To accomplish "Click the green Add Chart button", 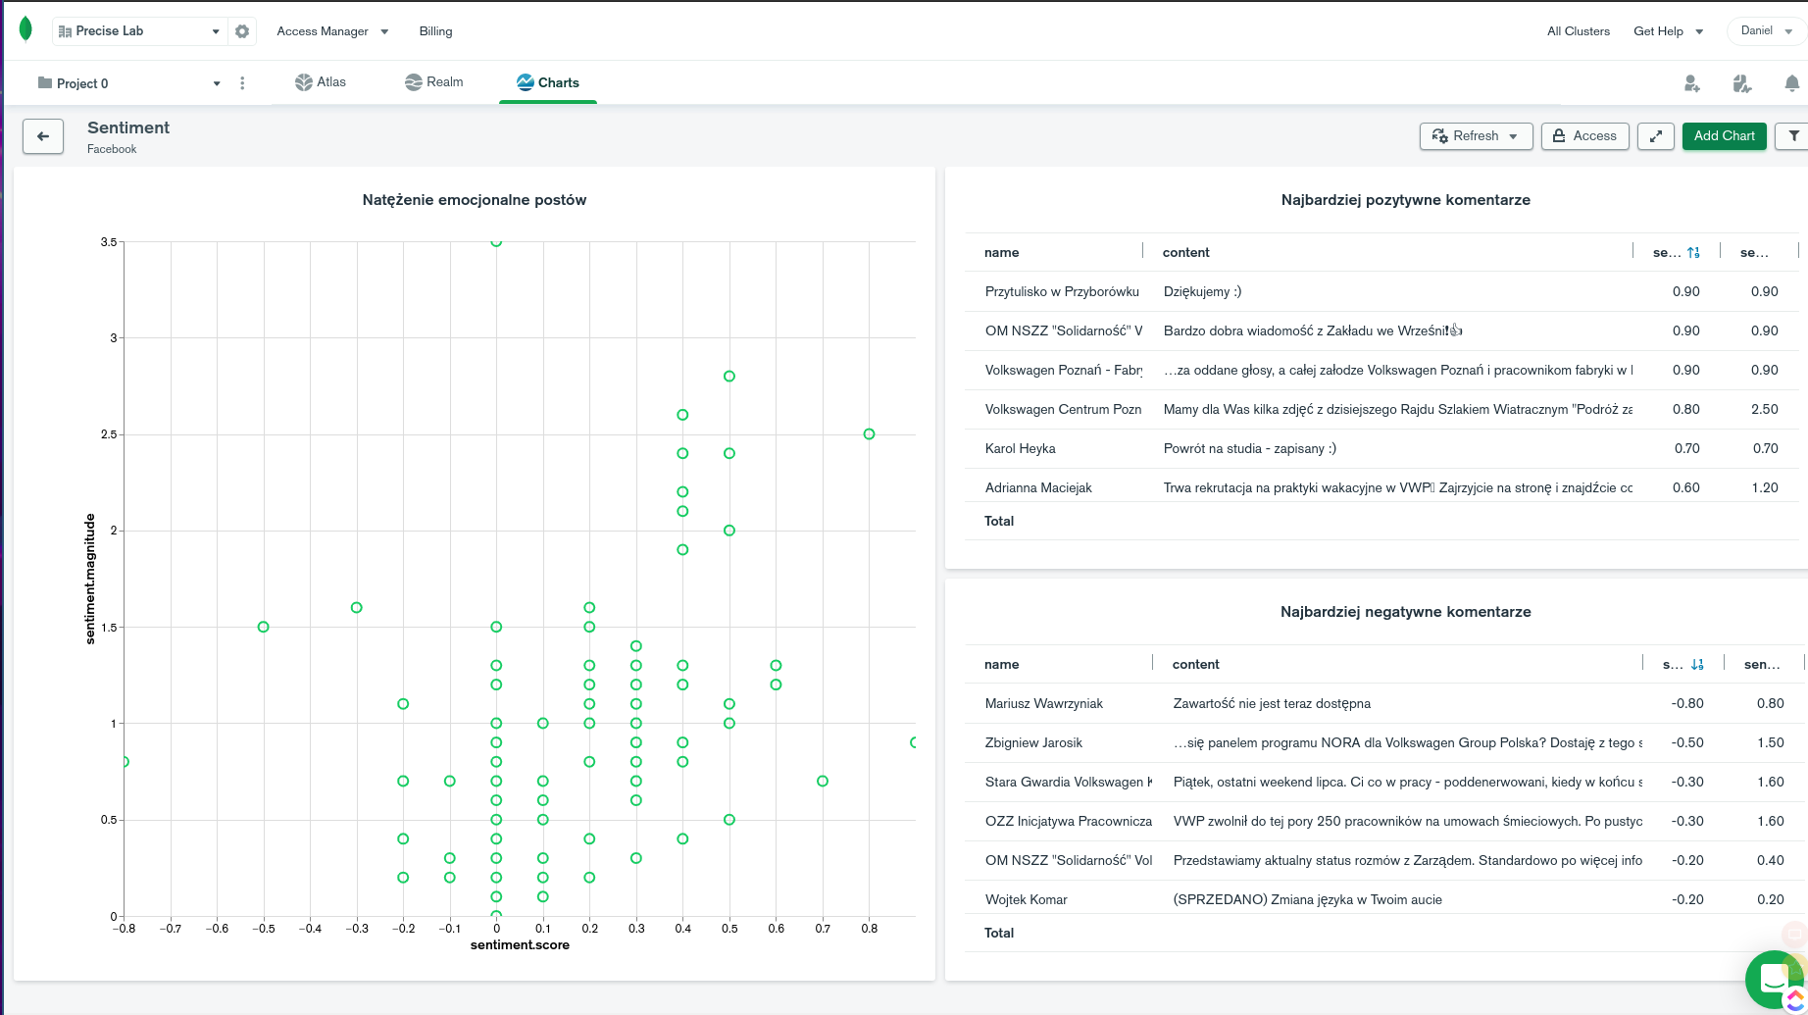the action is point(1724,136).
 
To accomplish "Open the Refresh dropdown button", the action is point(1475,136).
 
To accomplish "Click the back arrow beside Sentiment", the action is point(43,136).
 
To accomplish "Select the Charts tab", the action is point(548,82).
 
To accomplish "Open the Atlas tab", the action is point(321,82).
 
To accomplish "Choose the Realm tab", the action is point(433,82).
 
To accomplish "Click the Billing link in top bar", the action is point(435,31).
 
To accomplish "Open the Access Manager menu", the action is point(332,31).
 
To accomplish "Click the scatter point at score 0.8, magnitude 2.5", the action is point(869,434).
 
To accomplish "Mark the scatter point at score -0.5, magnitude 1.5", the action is point(263,627).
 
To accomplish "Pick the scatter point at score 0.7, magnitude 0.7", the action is point(823,782).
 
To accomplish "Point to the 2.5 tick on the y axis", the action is point(109,434).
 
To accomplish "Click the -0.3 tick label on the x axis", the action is point(357,929).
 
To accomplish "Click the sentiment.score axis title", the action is point(520,945).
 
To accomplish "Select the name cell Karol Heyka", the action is point(1020,448).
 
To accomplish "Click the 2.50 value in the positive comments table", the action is point(1764,409).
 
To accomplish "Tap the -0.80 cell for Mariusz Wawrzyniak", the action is point(1687,703).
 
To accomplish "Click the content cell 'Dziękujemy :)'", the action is point(1202,291).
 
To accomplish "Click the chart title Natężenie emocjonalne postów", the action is point(475,200).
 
